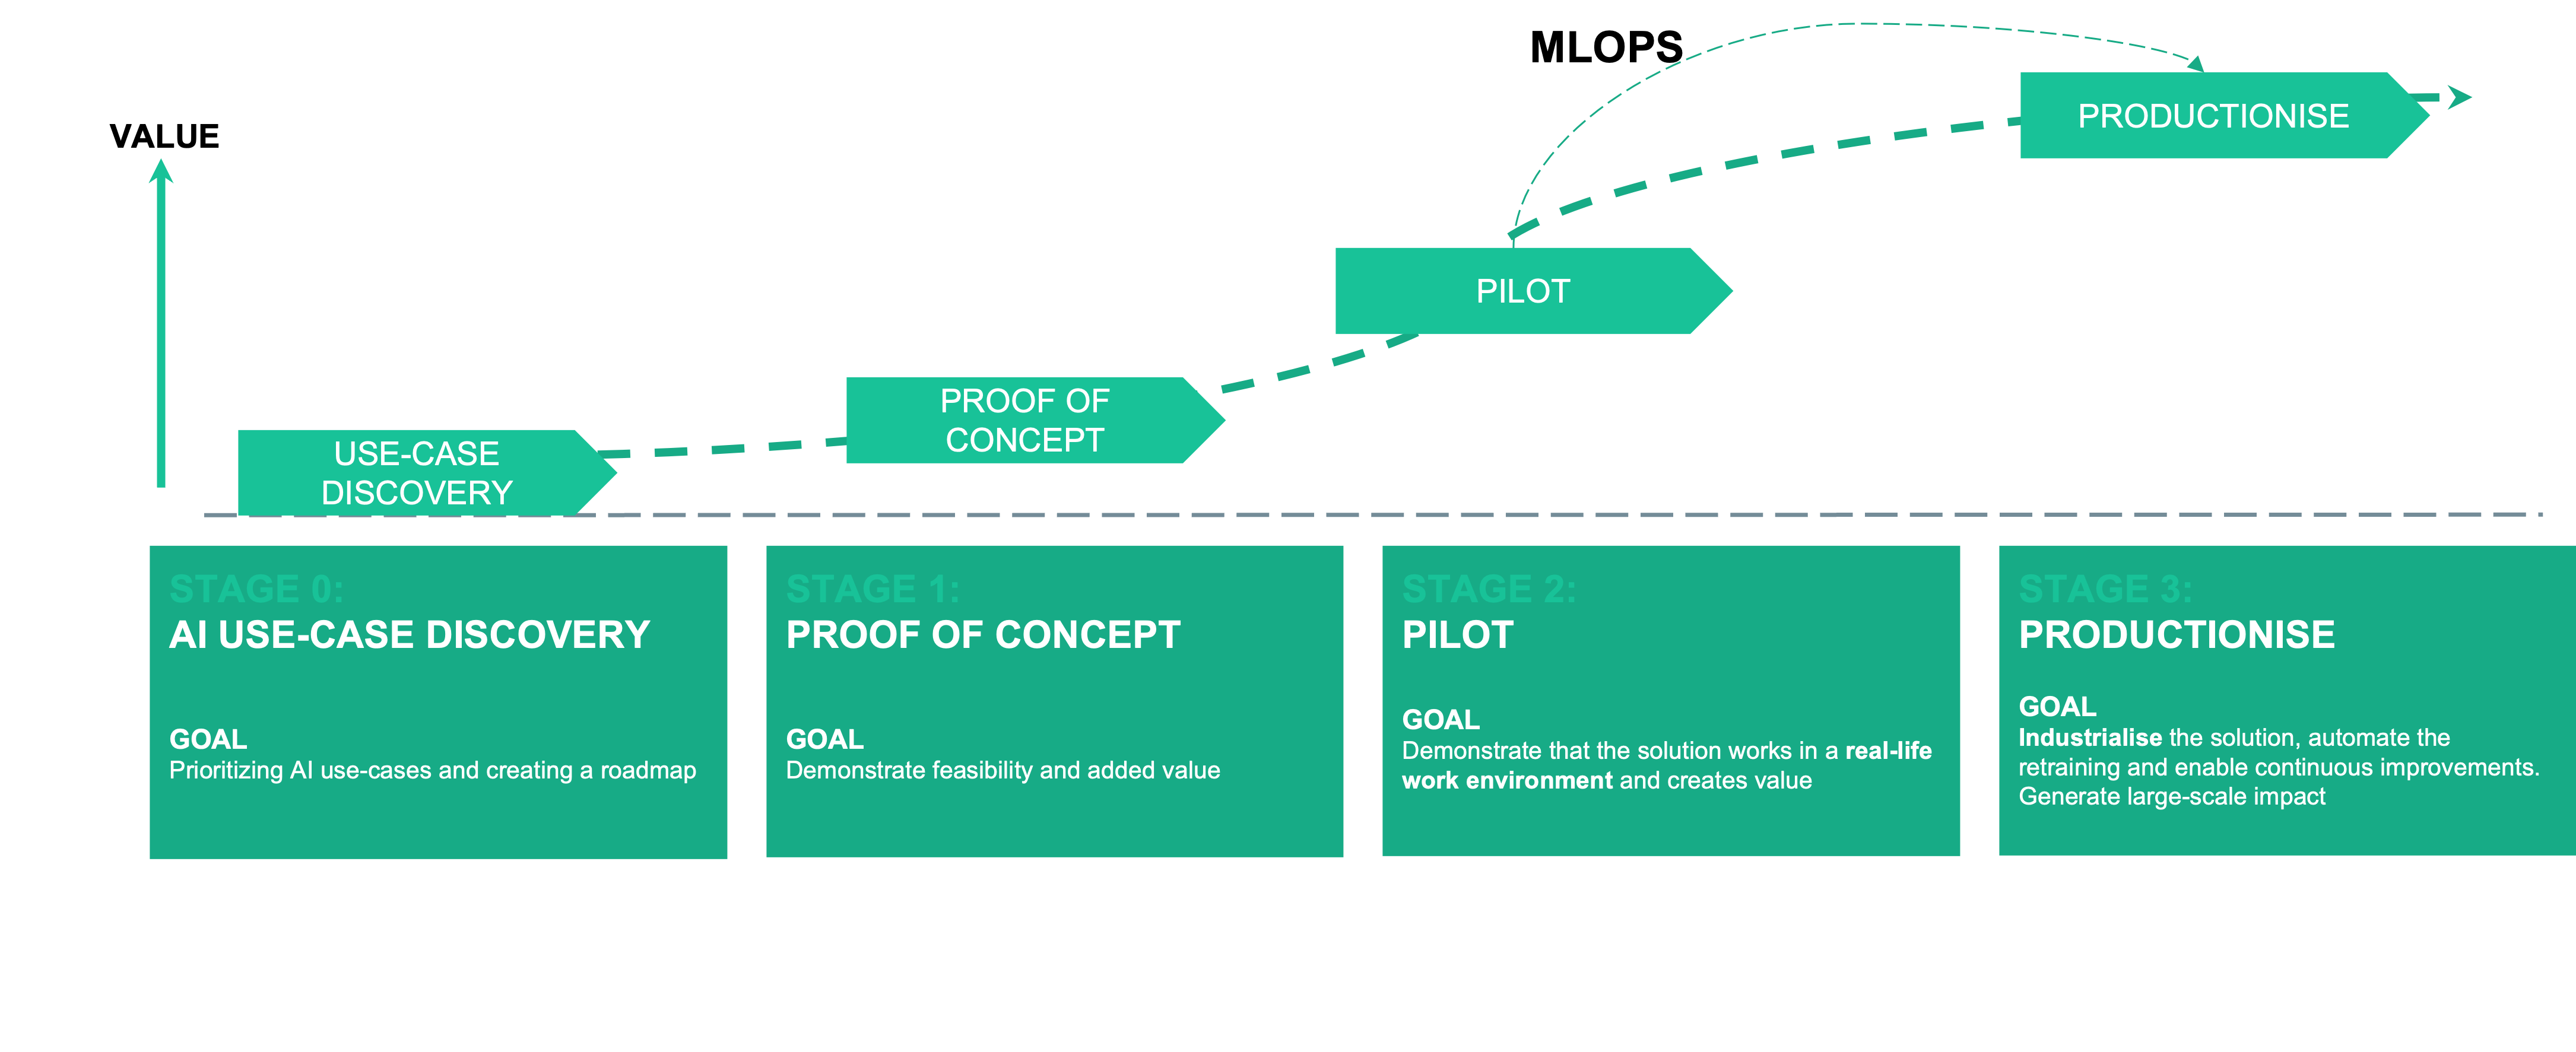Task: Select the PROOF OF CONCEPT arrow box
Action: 1025,420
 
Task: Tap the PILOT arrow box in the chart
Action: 1523,291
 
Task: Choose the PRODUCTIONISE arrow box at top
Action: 2213,116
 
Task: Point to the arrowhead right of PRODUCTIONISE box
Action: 2460,97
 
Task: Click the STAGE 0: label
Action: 256,589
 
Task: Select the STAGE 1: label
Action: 872,589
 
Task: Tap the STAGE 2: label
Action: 1488,589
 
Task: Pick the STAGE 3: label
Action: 2104,589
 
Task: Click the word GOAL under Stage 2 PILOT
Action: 1440,719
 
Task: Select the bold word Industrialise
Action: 2090,738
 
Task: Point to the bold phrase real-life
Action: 1888,751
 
